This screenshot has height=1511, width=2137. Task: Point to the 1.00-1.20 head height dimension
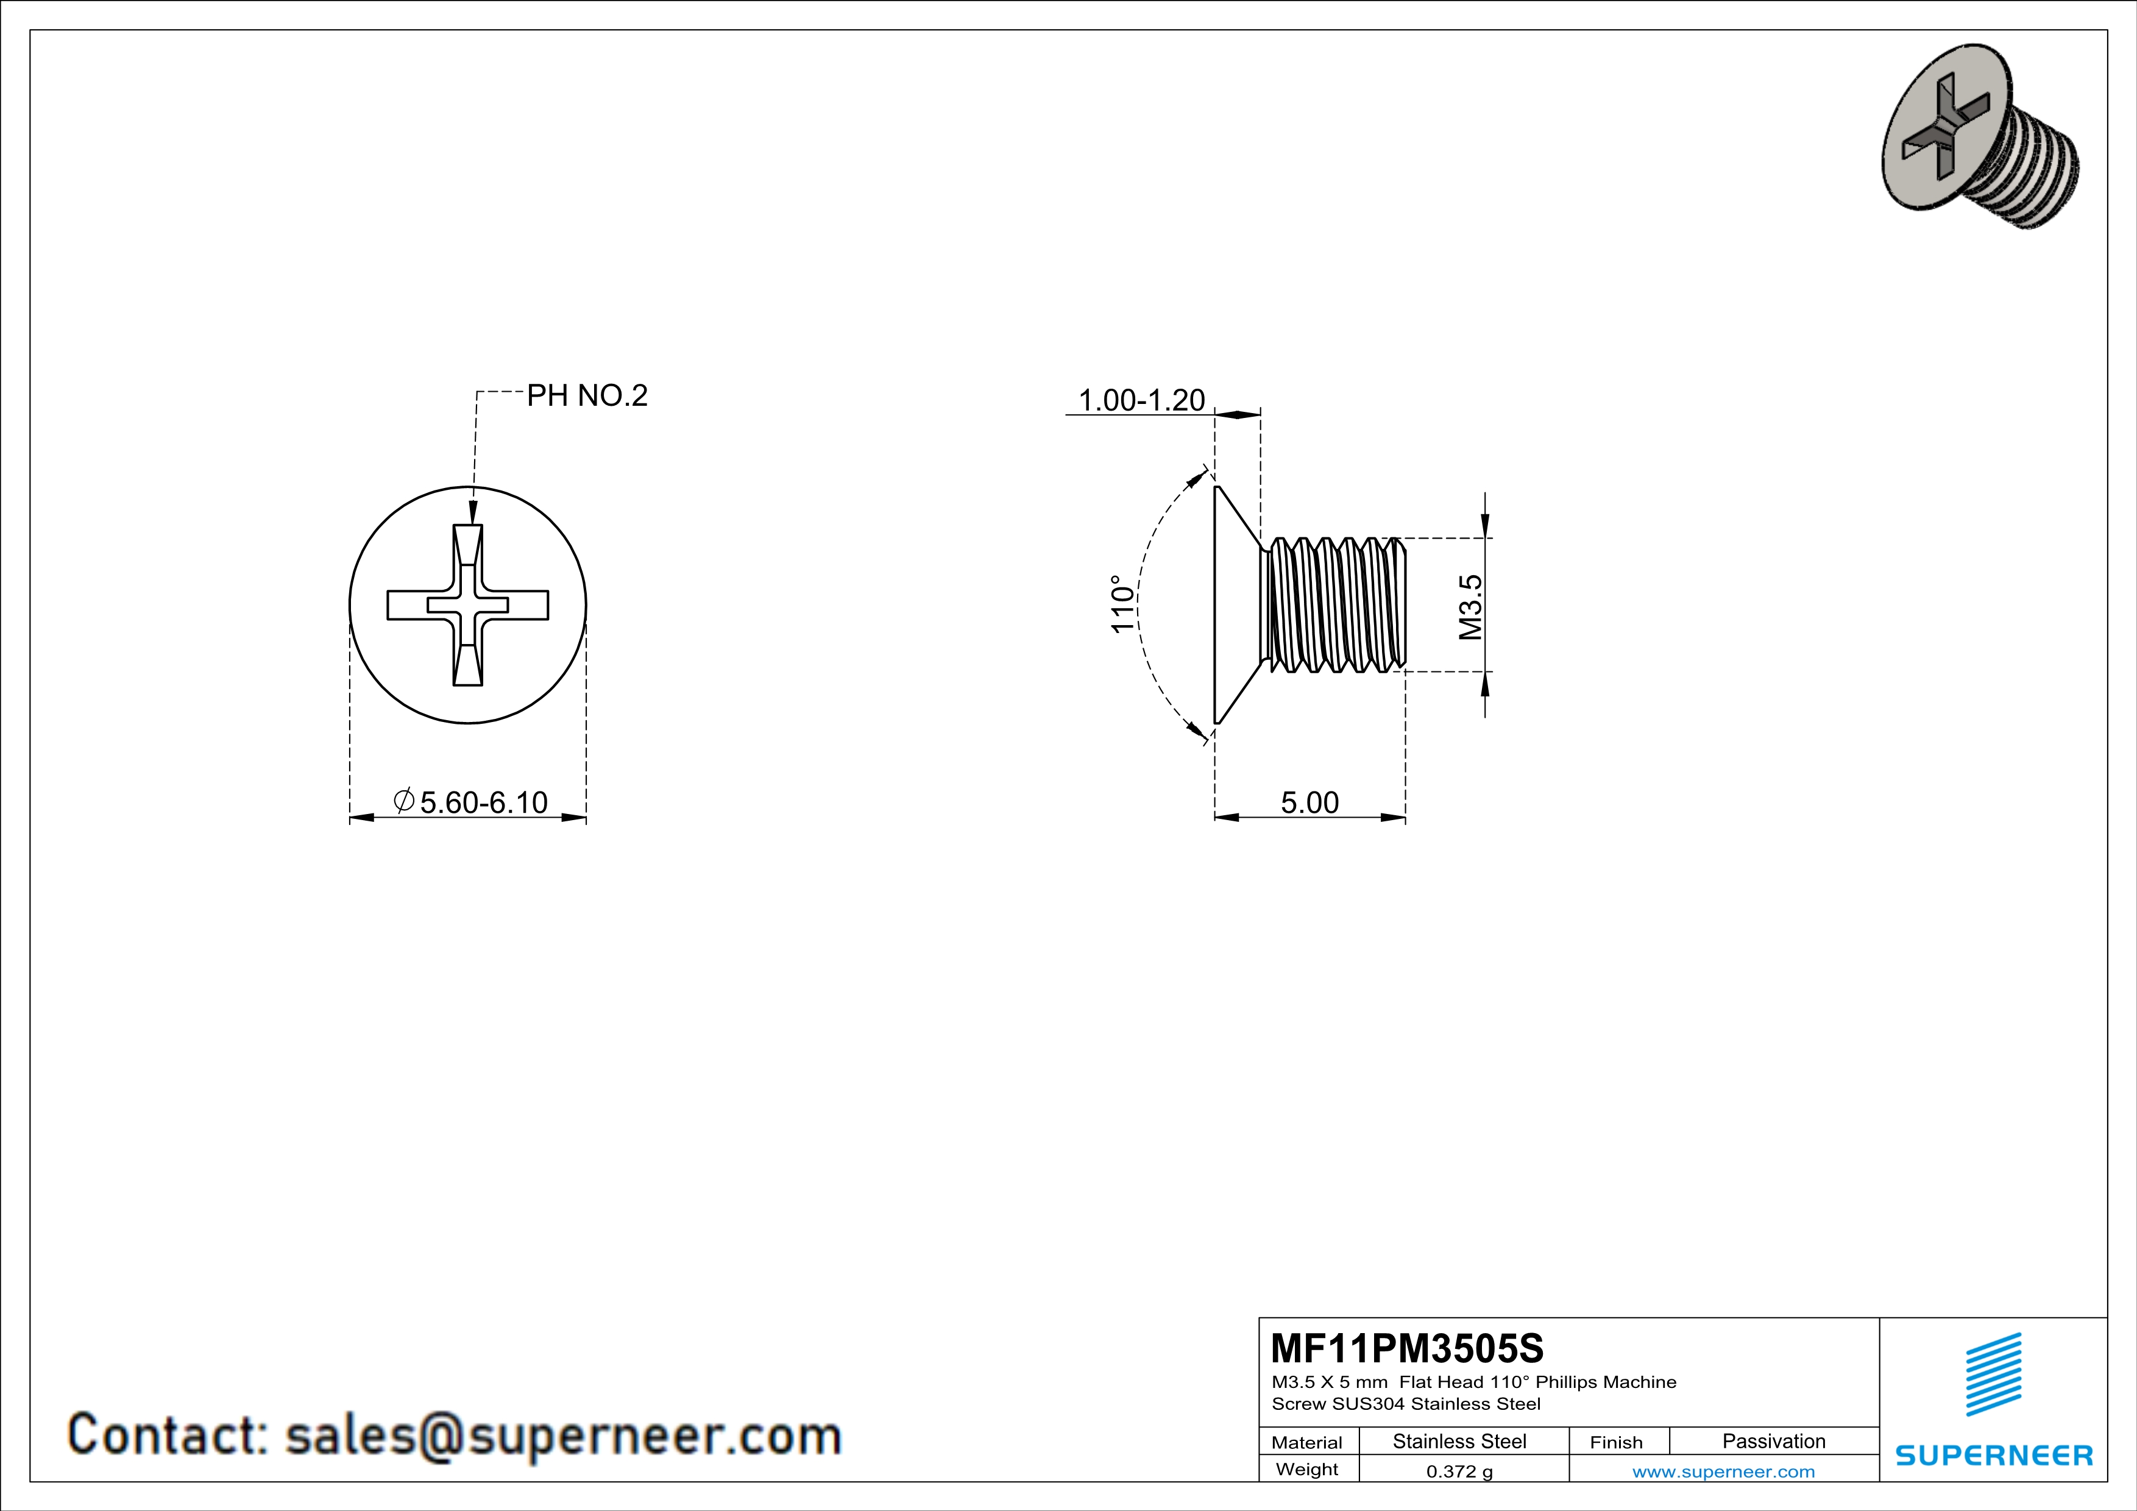pyautogui.click(x=1141, y=400)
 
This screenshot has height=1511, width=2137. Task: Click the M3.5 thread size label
pyautogui.click(x=1470, y=607)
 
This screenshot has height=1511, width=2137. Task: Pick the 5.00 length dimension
pyautogui.click(x=1309, y=802)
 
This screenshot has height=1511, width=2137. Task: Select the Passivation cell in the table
pyautogui.click(x=1773, y=1441)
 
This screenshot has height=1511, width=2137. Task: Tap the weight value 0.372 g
pyautogui.click(x=1459, y=1471)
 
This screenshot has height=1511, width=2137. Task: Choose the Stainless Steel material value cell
pyautogui.click(x=1459, y=1441)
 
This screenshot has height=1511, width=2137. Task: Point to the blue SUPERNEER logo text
pyautogui.click(x=1994, y=1455)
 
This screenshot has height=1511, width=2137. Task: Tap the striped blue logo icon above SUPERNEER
pyautogui.click(x=1994, y=1375)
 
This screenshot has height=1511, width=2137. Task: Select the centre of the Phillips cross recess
pyautogui.click(x=468, y=605)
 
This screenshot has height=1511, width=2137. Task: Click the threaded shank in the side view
pyautogui.click(x=1336, y=605)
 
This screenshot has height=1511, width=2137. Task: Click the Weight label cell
pyautogui.click(x=1307, y=1469)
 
